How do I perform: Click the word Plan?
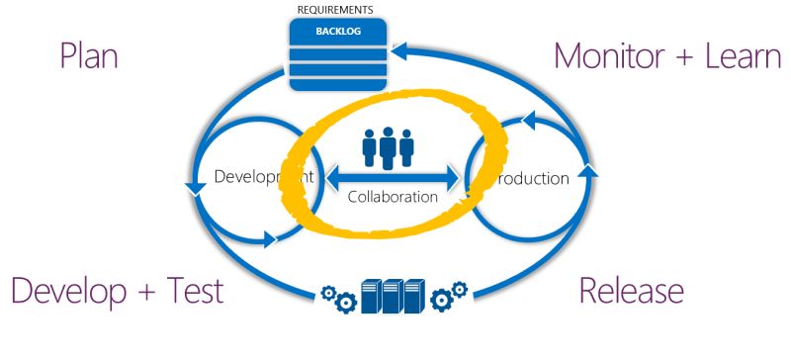88,55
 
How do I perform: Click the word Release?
631,291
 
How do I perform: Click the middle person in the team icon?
387,145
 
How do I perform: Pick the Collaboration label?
393,197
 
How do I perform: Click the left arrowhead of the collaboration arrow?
333,178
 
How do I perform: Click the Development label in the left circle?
263,178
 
